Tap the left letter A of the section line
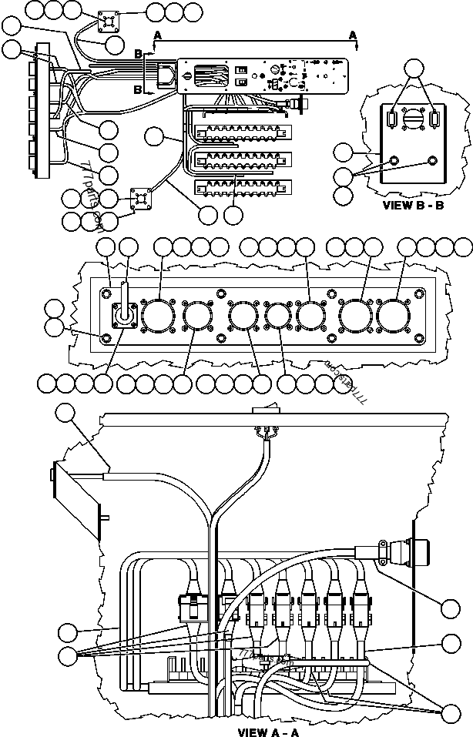point(158,35)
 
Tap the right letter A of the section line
point(353,35)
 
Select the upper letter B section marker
point(139,54)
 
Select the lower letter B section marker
point(139,89)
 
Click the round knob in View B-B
point(414,119)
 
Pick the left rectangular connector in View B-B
point(394,120)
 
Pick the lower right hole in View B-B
point(432,162)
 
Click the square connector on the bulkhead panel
point(124,316)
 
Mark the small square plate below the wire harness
point(142,199)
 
